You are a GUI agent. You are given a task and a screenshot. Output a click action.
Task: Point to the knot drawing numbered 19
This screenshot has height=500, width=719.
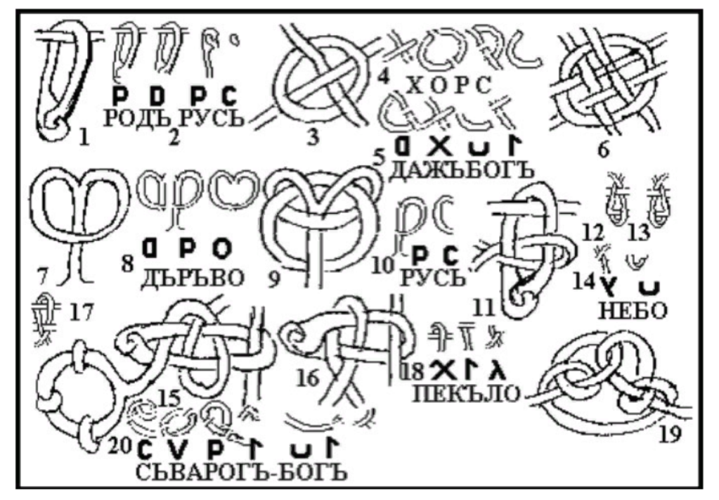(611, 383)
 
